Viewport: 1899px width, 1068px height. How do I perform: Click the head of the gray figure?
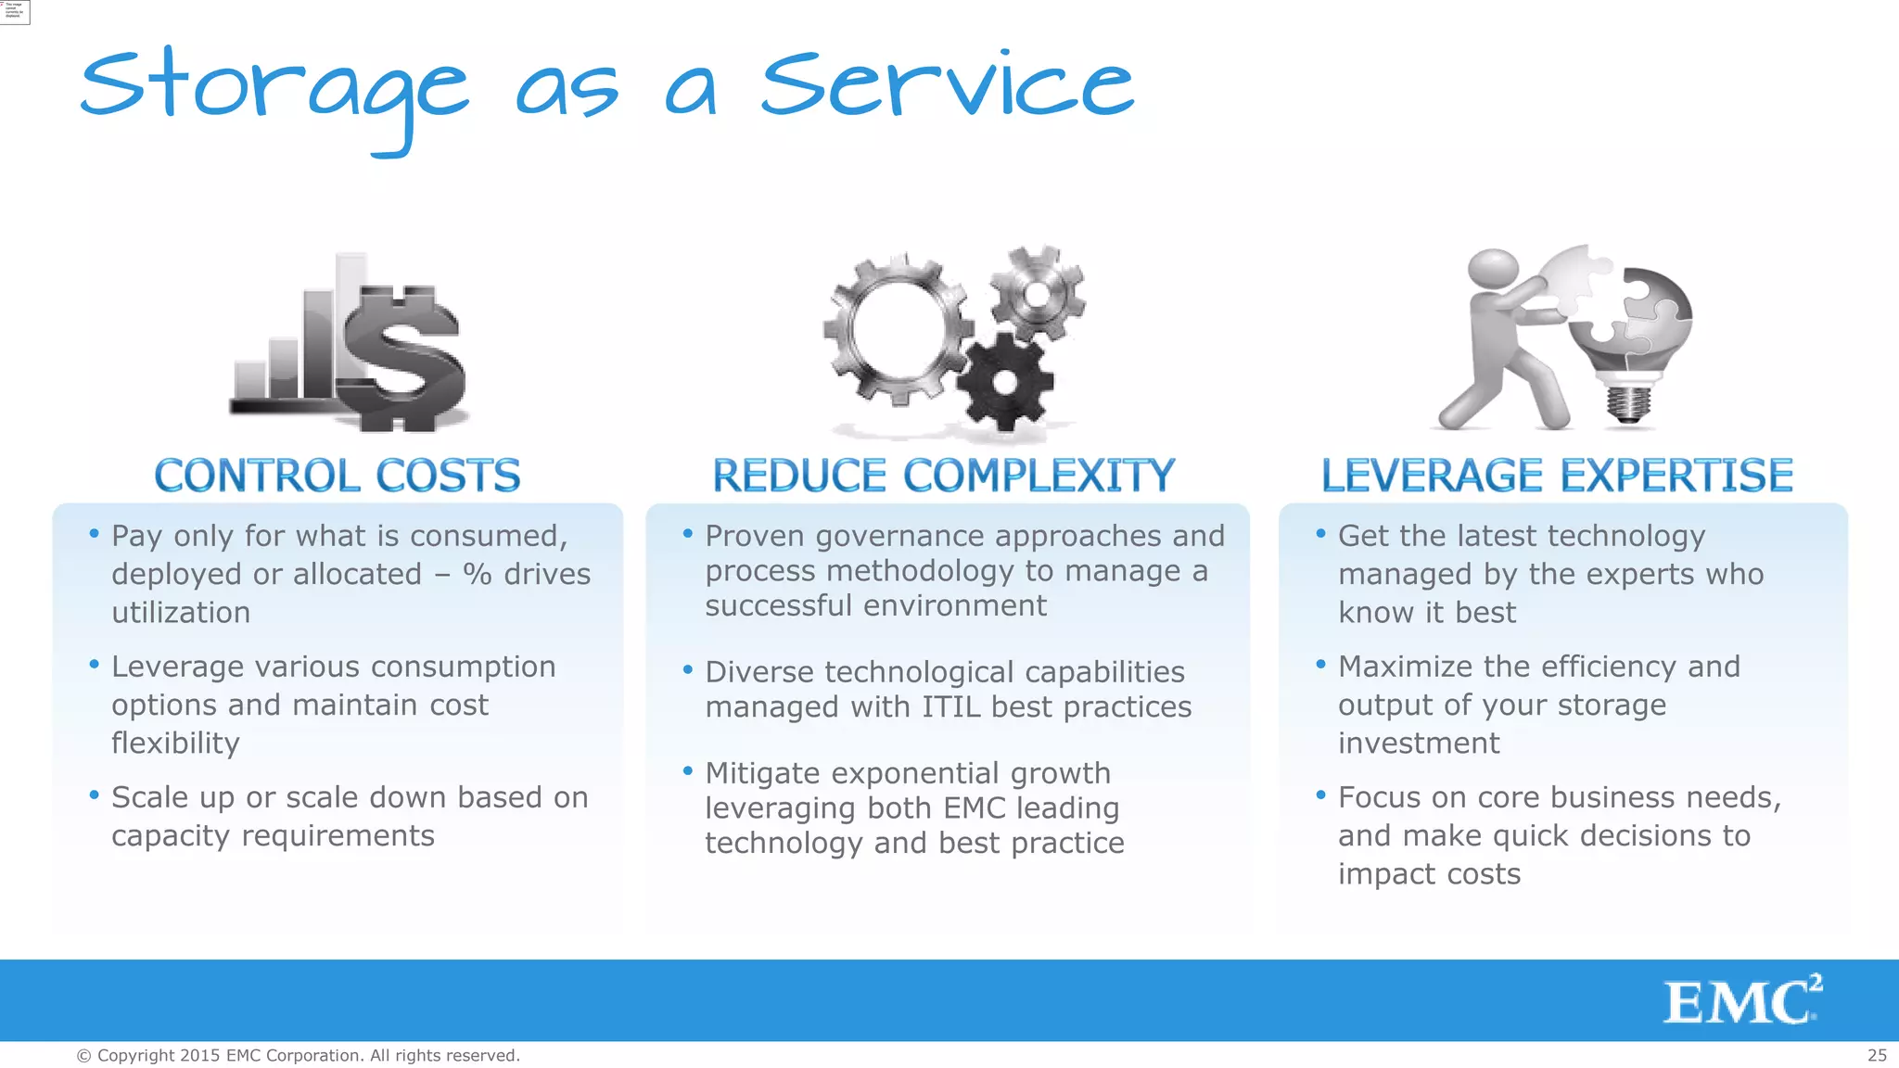click(x=1493, y=270)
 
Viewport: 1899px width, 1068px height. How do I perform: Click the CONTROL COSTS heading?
click(x=338, y=476)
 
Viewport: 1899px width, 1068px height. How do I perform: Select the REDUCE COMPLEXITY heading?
click(x=943, y=476)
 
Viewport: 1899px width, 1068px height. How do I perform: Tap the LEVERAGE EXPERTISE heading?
click(x=1557, y=476)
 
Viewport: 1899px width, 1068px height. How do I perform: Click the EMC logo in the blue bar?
click(x=1741, y=1000)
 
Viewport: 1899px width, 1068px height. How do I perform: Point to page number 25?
click(x=1877, y=1055)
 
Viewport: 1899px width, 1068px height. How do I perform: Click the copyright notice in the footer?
click(x=298, y=1055)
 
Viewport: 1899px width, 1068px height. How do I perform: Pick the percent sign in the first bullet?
click(x=478, y=574)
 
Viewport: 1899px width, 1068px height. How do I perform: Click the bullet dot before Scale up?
click(x=94, y=795)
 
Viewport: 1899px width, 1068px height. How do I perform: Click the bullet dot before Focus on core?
click(x=1320, y=795)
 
